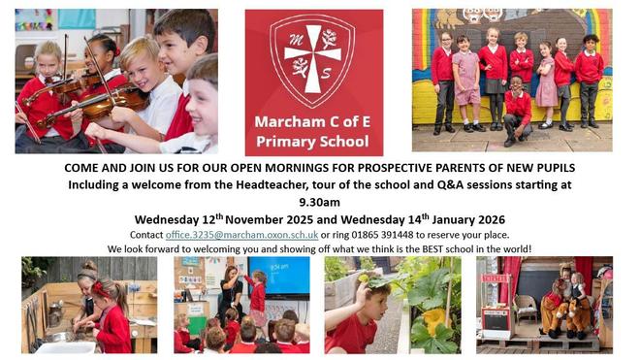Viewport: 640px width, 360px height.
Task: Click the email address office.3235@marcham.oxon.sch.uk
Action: (x=241, y=235)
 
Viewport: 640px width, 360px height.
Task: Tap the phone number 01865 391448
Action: (x=382, y=235)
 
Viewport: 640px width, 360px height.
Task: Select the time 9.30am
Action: (x=320, y=202)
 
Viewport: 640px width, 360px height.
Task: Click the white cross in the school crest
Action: (x=313, y=59)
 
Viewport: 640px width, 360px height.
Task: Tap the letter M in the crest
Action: (x=296, y=39)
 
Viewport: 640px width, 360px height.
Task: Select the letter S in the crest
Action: (x=326, y=74)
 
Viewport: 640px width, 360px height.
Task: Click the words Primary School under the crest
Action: (x=312, y=142)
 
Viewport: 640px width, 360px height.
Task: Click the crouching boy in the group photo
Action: (x=517, y=111)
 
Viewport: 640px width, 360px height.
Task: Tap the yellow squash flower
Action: (x=434, y=318)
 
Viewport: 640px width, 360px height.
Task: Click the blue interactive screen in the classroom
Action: (x=279, y=278)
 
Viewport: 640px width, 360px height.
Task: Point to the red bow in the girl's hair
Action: (x=98, y=289)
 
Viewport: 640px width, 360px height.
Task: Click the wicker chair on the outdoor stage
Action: (x=526, y=309)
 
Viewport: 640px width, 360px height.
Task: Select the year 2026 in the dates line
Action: (x=491, y=220)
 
